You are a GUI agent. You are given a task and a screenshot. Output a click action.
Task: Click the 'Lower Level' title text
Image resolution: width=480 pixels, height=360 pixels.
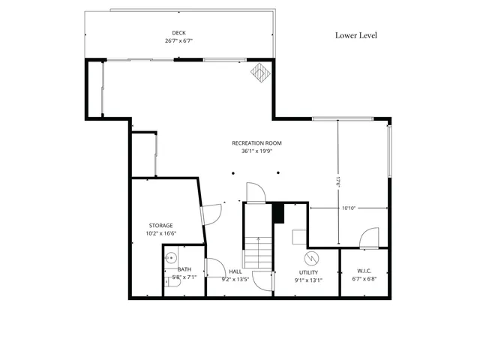[356, 35]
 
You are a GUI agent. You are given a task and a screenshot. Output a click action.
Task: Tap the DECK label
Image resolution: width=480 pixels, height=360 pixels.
[178, 32]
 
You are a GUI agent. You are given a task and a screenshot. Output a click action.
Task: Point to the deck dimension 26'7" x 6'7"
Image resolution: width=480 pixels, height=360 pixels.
[178, 40]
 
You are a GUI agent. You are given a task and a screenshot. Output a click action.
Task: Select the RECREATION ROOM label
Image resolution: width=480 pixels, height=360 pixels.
[256, 142]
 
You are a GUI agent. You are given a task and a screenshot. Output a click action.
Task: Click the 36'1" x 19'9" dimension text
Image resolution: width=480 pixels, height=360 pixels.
[256, 151]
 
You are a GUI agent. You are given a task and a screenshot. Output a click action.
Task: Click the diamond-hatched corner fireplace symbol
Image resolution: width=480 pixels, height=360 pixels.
[260, 72]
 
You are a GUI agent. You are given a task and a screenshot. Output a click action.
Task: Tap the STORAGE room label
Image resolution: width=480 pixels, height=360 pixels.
[160, 225]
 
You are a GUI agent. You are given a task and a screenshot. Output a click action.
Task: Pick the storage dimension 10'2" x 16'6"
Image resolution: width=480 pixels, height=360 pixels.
[160, 233]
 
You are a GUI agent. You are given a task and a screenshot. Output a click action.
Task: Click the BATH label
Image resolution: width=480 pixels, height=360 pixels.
[184, 269]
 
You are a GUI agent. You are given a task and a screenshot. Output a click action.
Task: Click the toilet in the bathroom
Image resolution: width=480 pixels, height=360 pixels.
[166, 282]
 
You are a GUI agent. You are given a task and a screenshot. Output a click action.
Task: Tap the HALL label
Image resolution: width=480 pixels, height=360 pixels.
[235, 271]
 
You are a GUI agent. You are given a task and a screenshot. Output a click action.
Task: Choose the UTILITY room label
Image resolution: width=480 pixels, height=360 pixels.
[308, 272]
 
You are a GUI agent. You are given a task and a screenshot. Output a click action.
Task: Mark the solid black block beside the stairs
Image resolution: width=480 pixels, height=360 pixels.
[278, 213]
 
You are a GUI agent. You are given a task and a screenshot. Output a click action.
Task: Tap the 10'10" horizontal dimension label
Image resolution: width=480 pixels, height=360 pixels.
[349, 208]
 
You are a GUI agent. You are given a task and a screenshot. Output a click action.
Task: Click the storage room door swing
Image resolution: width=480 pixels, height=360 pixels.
[211, 212]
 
